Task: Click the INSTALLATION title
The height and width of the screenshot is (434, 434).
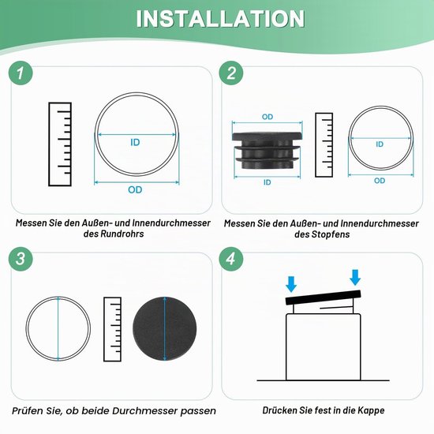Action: coord(220,19)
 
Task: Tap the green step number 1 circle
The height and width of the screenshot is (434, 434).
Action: coord(21,73)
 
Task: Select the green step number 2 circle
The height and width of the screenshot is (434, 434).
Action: coord(231,73)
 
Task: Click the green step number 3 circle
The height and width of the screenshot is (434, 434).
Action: coord(21,259)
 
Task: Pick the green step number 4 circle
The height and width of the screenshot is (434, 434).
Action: coord(231,259)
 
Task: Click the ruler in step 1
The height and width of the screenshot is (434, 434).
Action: coord(60,144)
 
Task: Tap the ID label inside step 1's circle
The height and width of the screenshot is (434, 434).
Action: coord(135,143)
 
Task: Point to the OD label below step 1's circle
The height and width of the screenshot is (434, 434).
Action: coord(135,190)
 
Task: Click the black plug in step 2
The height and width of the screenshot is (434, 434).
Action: coord(267,150)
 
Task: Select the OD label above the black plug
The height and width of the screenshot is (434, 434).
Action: coord(268,117)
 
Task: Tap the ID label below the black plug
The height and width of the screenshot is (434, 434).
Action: coord(267,182)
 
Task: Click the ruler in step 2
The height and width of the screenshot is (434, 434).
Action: coord(324,144)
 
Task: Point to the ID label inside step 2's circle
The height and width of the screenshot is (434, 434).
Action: coord(380,144)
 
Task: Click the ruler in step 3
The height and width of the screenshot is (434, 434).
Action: coord(112,329)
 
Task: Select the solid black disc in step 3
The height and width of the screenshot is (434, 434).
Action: coord(165,329)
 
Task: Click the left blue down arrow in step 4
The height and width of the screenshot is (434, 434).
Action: coord(291,284)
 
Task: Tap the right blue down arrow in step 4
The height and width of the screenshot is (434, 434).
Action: coord(355,277)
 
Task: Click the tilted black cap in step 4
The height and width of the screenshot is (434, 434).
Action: coord(323,297)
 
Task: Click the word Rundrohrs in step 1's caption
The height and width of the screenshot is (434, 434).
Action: coord(122,234)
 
